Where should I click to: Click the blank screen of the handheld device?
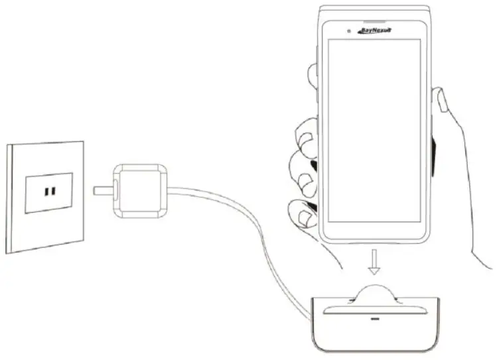[376, 129]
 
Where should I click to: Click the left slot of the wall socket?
[46, 192]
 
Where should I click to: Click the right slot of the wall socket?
[53, 192]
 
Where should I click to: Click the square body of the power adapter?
[140, 189]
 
